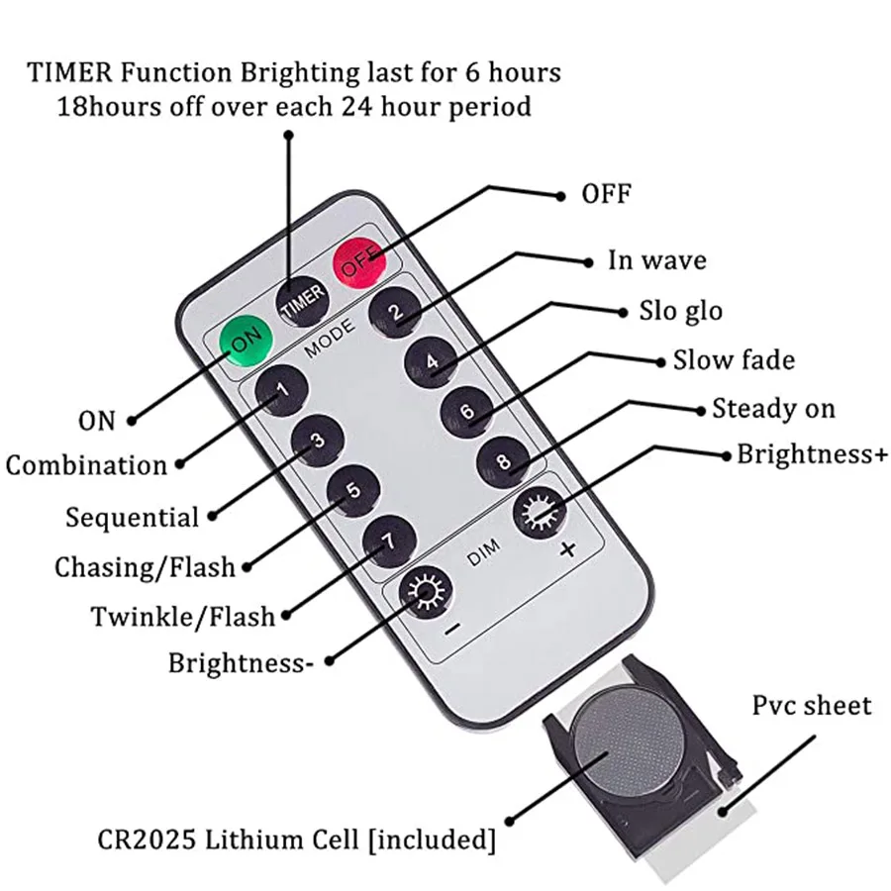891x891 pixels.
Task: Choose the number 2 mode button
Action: click(x=395, y=314)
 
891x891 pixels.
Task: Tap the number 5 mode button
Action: click(x=354, y=491)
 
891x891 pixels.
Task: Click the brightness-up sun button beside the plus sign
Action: click(x=538, y=512)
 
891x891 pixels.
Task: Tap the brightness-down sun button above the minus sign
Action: click(x=425, y=595)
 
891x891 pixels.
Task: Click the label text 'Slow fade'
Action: click(x=734, y=359)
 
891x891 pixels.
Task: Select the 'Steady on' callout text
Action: click(x=773, y=408)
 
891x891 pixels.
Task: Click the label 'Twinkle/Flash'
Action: click(x=183, y=616)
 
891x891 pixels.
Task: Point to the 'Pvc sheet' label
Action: click(x=811, y=706)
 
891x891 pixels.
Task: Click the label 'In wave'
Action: click(x=656, y=260)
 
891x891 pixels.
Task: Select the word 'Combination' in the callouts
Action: click(x=87, y=465)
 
